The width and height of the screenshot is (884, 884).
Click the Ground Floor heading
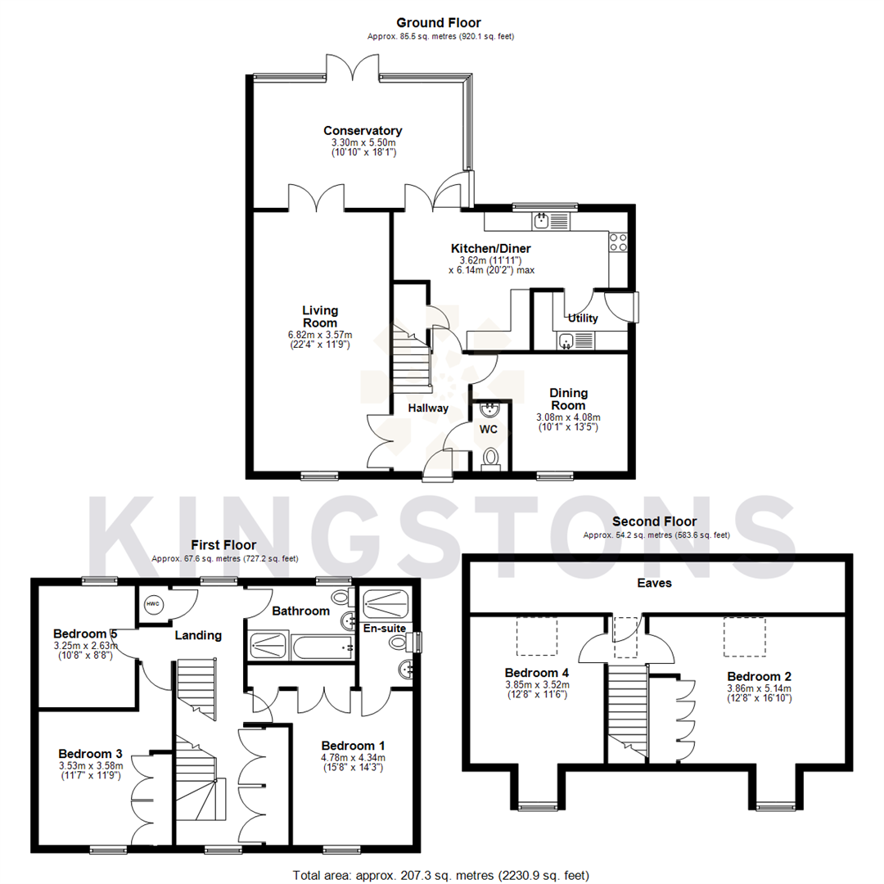[439, 23]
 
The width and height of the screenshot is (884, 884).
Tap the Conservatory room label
[363, 131]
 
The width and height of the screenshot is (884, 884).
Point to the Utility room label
[582, 318]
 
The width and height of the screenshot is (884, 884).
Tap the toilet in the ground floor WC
[491, 458]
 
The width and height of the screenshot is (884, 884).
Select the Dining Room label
[568, 399]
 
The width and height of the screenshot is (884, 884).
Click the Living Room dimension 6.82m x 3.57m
[319, 335]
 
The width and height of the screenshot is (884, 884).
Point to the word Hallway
[429, 408]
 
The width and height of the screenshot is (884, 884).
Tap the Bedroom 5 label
[85, 634]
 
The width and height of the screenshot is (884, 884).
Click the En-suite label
[385, 629]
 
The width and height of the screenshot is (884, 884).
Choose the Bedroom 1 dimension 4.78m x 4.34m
[353, 758]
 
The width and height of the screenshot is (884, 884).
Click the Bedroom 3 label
[91, 753]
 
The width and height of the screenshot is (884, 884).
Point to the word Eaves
[655, 583]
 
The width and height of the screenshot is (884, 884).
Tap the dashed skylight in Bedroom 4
[536, 636]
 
